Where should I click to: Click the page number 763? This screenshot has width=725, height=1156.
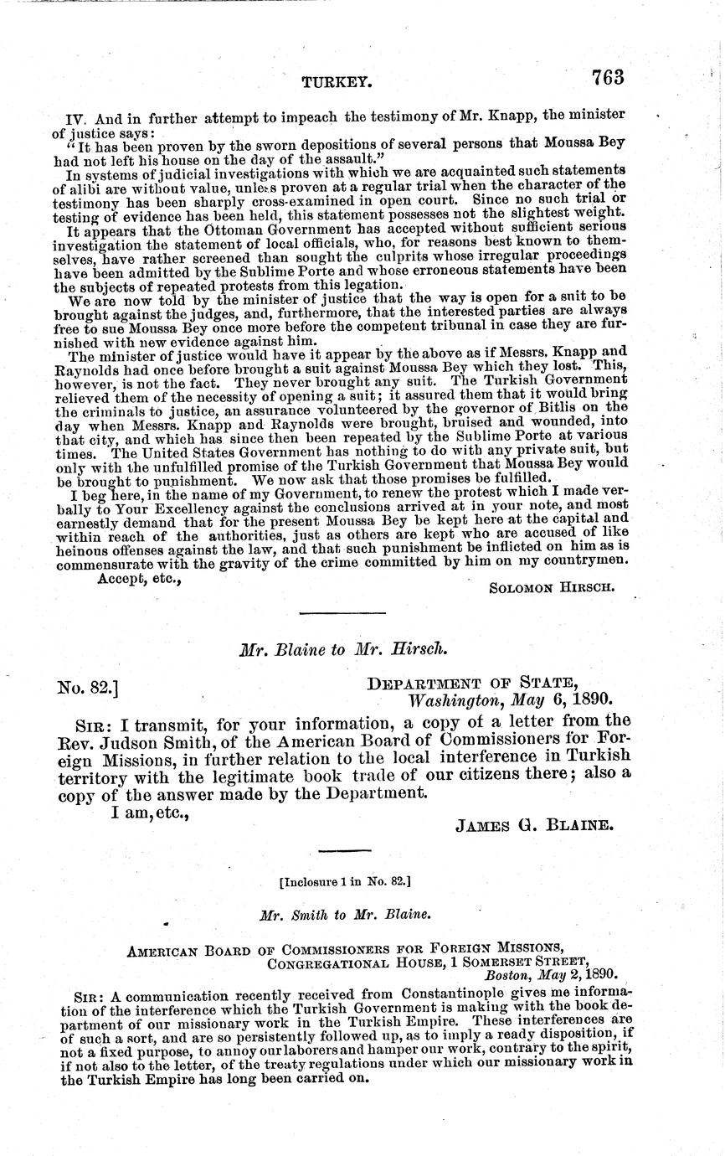[x=608, y=77]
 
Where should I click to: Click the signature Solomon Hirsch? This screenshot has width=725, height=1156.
[x=552, y=587]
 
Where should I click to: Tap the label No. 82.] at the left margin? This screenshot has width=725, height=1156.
[x=87, y=688]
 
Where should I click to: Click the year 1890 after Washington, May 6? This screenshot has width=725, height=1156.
[x=589, y=700]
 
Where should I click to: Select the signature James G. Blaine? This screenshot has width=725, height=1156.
[x=534, y=824]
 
